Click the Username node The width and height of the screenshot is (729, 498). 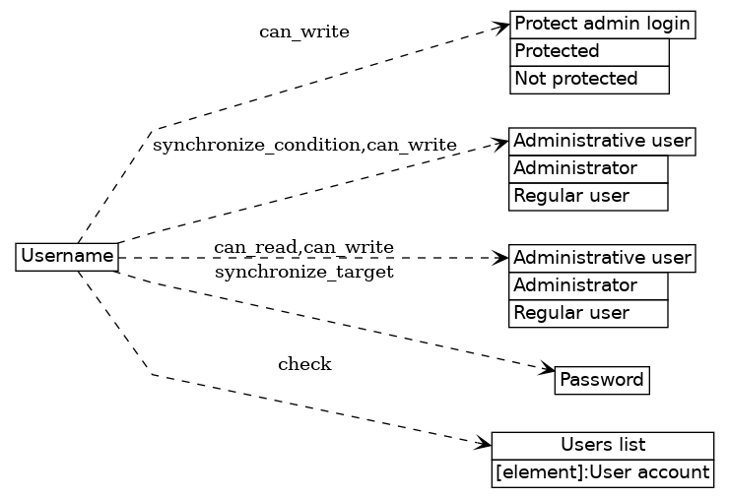67,257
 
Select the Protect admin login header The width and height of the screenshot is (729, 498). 603,25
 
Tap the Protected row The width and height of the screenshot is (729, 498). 589,51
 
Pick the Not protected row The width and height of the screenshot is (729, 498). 589,79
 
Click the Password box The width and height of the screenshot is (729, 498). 602,380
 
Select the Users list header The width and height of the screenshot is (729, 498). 602,445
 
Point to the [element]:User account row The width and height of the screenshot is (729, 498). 602,473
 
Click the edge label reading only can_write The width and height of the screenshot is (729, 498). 303,31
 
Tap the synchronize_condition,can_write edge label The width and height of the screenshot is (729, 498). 304,146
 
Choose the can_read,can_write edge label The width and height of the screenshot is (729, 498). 303,246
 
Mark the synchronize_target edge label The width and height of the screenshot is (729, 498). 303,272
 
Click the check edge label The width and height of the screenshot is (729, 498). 304,365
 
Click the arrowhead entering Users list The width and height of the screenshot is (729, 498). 483,446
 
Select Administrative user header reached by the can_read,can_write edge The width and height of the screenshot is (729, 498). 602,259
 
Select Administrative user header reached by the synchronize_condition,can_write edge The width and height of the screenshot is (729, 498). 602,142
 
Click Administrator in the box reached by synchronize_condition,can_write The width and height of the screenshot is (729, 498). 588,169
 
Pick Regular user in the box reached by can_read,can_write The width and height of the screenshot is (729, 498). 588,313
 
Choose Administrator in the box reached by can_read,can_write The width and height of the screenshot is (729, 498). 588,286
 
